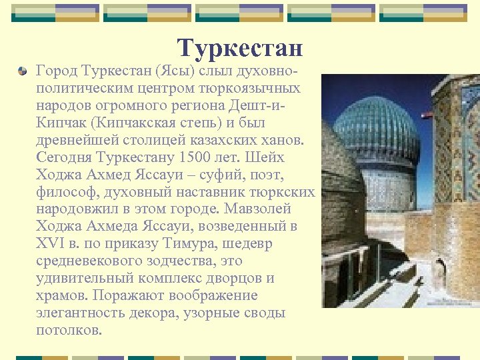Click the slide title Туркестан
240,48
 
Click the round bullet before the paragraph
23,69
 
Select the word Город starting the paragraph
56,70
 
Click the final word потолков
68,330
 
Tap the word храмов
63,295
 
